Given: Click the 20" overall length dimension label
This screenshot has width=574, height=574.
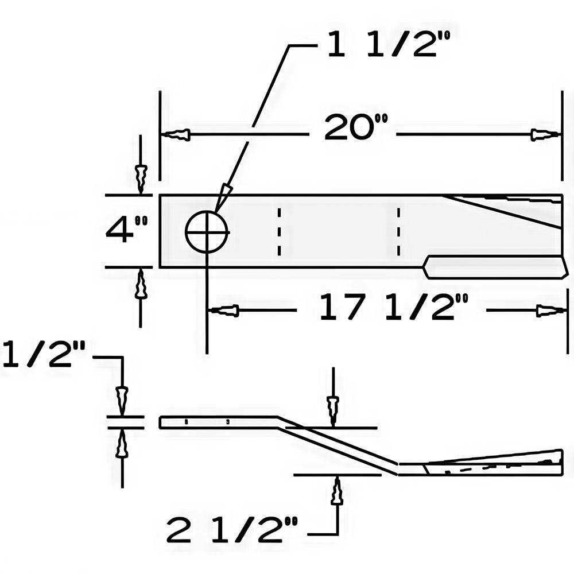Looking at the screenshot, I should click(356, 128).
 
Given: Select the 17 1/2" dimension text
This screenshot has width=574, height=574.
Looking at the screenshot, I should click(394, 308).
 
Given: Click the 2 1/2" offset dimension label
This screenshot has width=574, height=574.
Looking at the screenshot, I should click(232, 530).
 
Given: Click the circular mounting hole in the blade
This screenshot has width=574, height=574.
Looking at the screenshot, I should click(207, 232).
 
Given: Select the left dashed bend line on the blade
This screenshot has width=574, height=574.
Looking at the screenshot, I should click(279, 232).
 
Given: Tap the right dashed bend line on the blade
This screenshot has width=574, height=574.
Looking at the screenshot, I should click(398, 232).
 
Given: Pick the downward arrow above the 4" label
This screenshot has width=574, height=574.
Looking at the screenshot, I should click(141, 178).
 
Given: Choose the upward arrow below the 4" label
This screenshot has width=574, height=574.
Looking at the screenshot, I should click(141, 285).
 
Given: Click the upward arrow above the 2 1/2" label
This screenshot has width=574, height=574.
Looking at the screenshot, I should click(337, 491).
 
